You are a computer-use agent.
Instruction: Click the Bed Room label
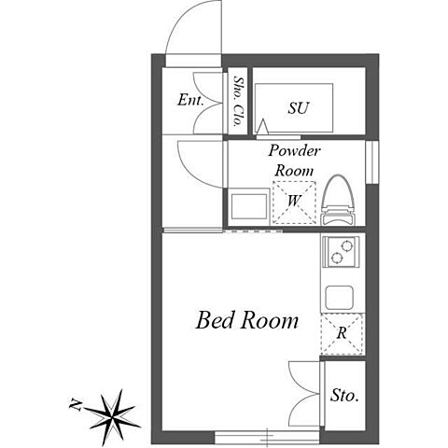[247, 320]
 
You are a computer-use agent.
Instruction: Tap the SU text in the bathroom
[298, 108]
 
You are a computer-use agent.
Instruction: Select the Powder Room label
[294, 161]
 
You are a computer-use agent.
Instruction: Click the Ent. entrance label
[190, 100]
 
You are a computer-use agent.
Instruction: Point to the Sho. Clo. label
[238, 101]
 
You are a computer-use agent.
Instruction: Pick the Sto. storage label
[344, 395]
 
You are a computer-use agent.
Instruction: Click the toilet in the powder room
[338, 200]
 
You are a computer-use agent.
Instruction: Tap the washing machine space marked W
[294, 203]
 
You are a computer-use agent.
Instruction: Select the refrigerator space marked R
[342, 334]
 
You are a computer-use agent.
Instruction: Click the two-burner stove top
[341, 252]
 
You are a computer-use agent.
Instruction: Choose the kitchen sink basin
[340, 298]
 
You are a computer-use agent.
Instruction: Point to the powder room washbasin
[249, 206]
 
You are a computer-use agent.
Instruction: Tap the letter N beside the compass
[76, 404]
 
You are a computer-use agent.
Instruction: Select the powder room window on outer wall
[372, 162]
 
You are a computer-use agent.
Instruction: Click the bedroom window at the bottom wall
[267, 438]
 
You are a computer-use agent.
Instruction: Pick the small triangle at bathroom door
[263, 126]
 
